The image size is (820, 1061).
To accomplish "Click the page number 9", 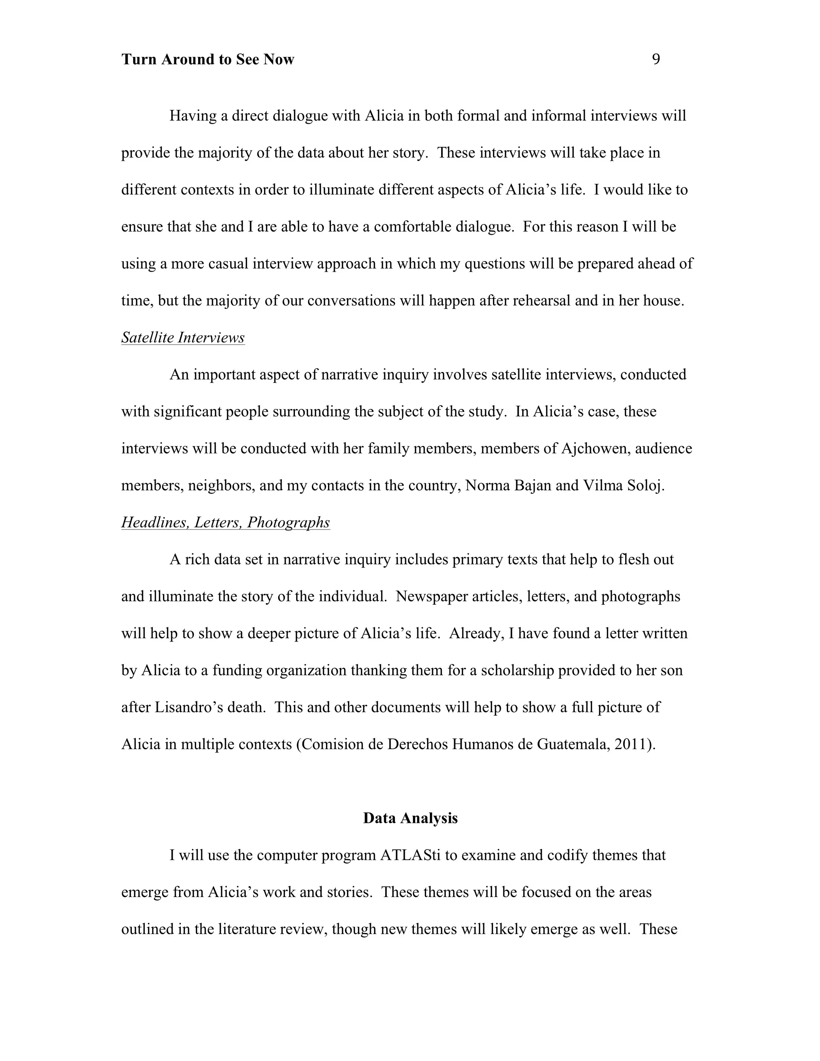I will pyautogui.click(x=656, y=59).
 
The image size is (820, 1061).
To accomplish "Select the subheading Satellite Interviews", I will pyautogui.click(x=183, y=337).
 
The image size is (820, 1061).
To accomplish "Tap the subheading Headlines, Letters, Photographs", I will pyautogui.click(x=225, y=522).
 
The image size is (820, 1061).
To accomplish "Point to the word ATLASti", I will pyautogui.click(x=410, y=855).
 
